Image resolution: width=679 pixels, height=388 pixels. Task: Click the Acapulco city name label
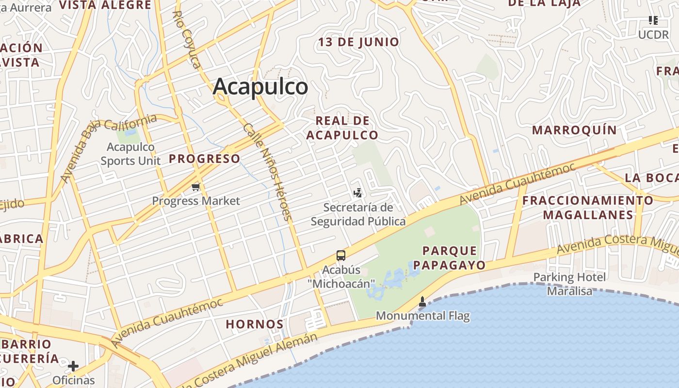[x=260, y=87]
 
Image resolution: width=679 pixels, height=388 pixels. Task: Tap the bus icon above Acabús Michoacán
[x=341, y=255]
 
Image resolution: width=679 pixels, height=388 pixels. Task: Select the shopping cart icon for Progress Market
[x=196, y=187]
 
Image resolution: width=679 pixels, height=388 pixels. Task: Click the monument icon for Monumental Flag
[x=422, y=302]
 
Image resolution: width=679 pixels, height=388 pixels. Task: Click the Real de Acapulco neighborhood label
[x=342, y=128]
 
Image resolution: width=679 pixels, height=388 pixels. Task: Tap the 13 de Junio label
[x=358, y=42]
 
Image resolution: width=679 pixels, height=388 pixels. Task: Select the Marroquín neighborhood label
[x=574, y=130]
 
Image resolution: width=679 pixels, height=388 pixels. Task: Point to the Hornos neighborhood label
[x=255, y=324]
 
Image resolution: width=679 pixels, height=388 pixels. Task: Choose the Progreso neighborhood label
[x=205, y=159]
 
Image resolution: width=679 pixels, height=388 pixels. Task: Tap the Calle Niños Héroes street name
[x=268, y=171]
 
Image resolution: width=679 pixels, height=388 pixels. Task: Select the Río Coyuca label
[x=186, y=40]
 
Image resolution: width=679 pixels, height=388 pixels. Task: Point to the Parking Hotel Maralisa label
[x=569, y=284]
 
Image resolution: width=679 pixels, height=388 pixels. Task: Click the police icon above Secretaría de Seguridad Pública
[x=358, y=194]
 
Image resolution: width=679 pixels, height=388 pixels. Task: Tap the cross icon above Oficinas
[x=73, y=366]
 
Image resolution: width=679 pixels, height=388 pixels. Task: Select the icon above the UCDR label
[x=653, y=20]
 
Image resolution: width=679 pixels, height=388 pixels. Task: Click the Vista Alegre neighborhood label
[x=105, y=5]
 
